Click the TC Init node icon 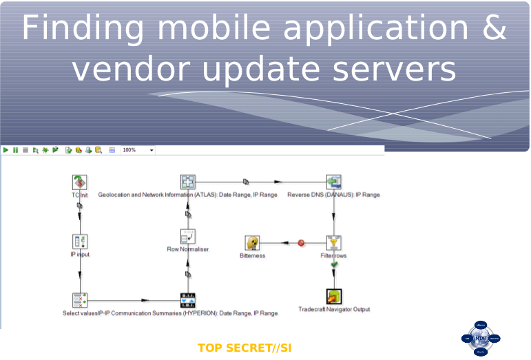80,182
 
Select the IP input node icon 80,242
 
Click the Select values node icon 80,300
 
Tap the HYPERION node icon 187,300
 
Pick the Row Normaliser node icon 187,237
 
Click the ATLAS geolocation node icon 188,182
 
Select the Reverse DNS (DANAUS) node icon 333,182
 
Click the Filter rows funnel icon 333,242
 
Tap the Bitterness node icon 252,242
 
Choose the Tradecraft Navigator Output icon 334,296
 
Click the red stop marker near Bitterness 301,242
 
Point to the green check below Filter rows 334,264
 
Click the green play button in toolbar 6,150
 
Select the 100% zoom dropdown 138,150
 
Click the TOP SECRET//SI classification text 244,348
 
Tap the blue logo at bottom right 480,338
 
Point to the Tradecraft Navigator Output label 334,310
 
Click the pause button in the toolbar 15,150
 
